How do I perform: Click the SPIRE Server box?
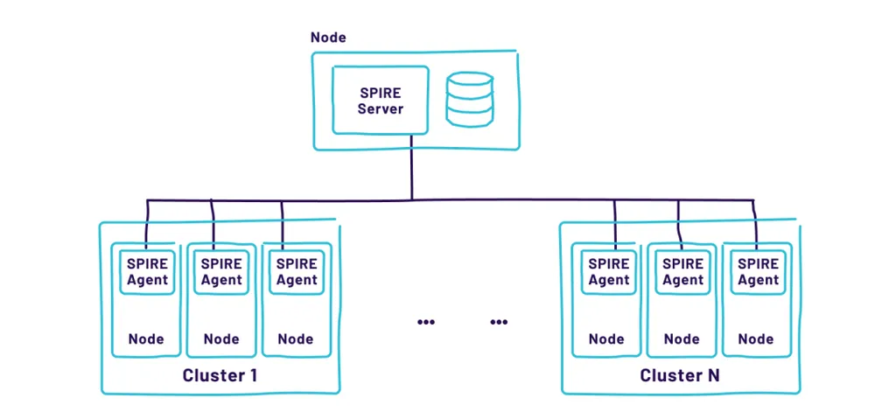381,101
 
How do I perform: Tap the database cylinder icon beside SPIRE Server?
469,99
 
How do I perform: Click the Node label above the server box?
328,38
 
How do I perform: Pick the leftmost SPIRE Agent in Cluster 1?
146,271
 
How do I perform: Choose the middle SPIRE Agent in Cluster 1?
221,271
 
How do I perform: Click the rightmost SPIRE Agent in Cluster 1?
297,271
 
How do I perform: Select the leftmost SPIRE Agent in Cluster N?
608,271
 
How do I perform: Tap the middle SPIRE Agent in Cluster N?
683,271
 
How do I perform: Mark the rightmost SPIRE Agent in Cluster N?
758,271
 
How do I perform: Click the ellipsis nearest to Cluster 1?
426,322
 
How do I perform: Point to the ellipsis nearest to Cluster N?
499,322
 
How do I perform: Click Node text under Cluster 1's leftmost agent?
146,339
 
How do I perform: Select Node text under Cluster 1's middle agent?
221,339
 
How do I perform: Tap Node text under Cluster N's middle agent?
682,339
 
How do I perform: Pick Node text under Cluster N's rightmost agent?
757,339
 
